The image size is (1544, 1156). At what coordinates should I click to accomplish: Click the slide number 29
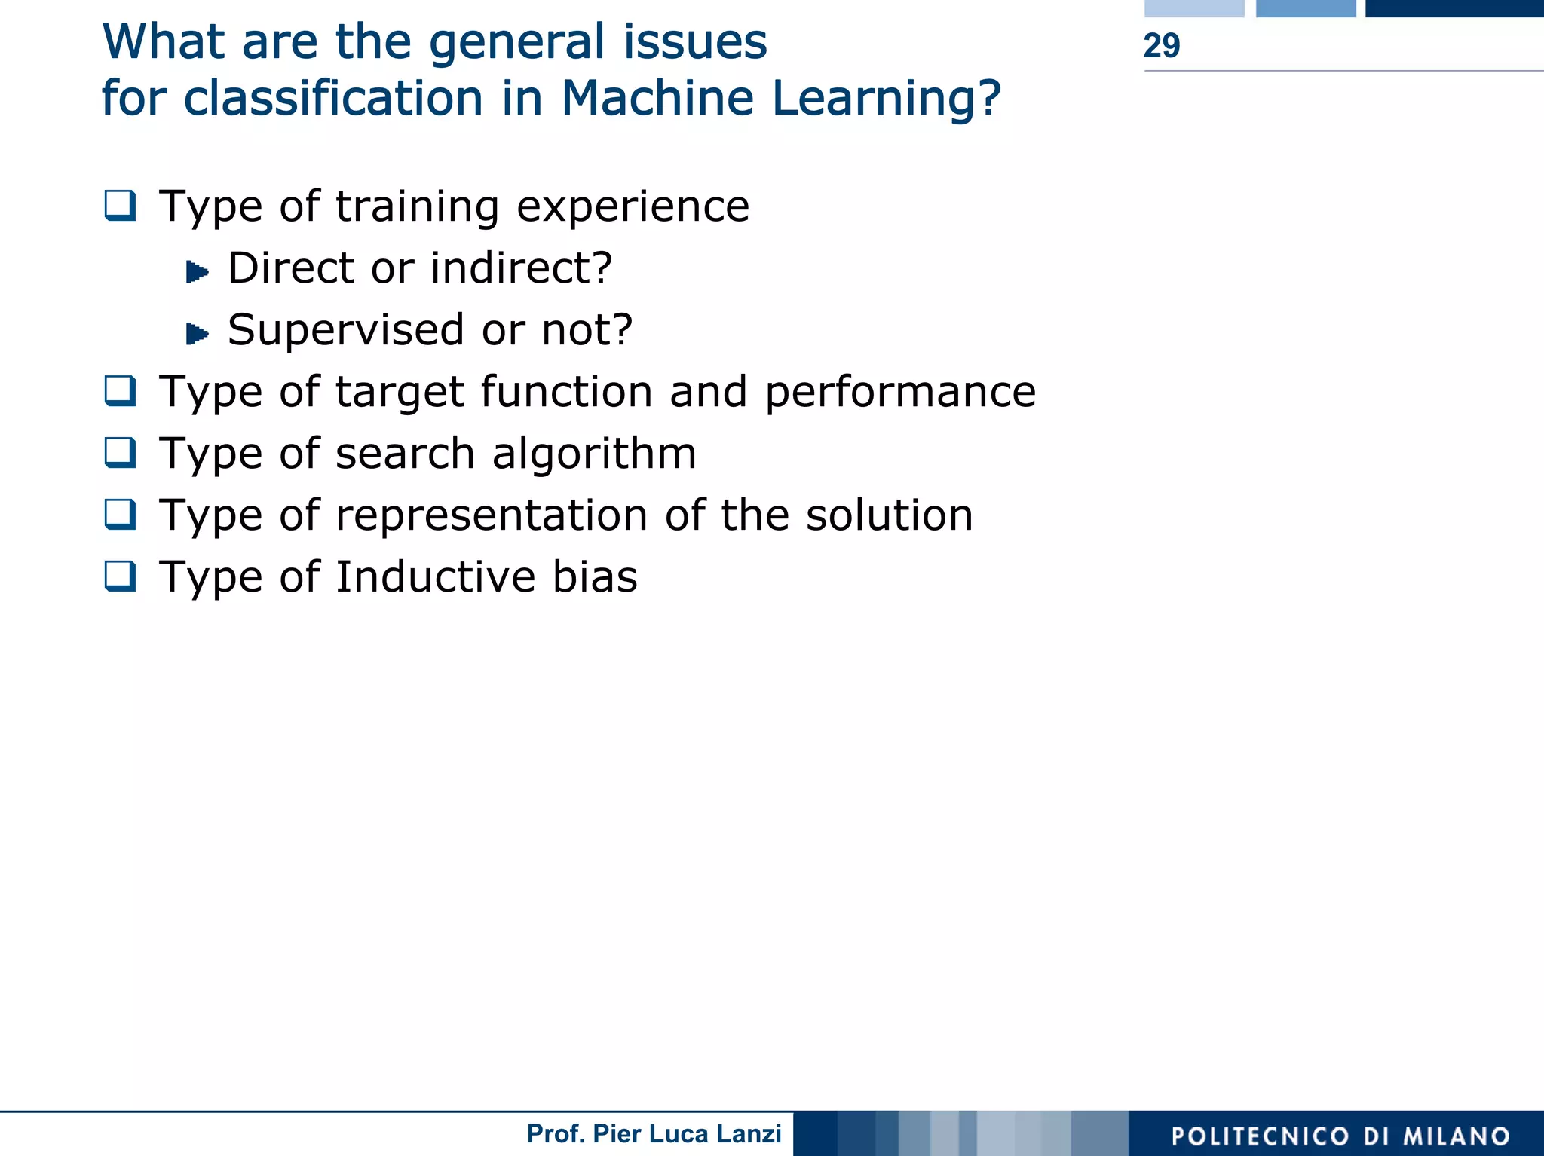coord(1161,46)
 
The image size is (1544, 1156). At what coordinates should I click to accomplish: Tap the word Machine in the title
coord(657,99)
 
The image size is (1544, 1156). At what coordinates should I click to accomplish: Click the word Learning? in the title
coord(887,99)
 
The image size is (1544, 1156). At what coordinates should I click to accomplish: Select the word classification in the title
coord(332,99)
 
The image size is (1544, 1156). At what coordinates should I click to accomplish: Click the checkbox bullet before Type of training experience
coord(121,205)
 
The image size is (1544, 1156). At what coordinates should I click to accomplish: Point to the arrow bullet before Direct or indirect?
coord(197,271)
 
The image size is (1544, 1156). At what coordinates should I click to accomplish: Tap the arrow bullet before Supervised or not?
coord(197,333)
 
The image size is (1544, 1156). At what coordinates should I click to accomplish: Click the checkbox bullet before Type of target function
coord(121,390)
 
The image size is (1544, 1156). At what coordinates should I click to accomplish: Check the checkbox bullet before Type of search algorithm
coord(121,452)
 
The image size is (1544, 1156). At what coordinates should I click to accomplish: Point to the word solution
coord(889,515)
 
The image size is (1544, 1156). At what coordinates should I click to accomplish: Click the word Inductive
coord(435,577)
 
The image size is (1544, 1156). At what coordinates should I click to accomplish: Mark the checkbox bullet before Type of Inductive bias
coord(121,576)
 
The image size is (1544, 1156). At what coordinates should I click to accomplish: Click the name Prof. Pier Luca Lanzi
coord(654,1133)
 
